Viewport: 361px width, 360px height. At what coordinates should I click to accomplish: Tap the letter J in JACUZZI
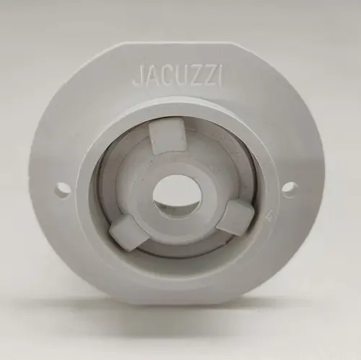pyautogui.click(x=136, y=76)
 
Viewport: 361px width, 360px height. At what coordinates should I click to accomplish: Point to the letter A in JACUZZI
pyautogui.click(x=149, y=76)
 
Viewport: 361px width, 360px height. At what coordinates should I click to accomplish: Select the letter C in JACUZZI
pyautogui.click(x=162, y=76)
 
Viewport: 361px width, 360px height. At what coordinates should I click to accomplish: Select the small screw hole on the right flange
pyautogui.click(x=290, y=190)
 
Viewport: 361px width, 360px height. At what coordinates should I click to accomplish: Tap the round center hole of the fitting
pyautogui.click(x=177, y=196)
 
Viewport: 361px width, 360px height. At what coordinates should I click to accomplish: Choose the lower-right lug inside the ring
pyautogui.click(x=234, y=217)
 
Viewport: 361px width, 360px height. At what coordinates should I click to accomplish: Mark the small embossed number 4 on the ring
pyautogui.click(x=269, y=214)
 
